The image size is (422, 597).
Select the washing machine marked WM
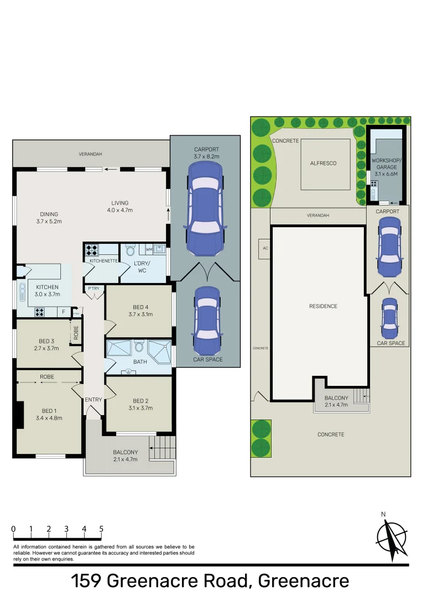click(x=149, y=250)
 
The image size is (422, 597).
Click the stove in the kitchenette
click(x=92, y=249)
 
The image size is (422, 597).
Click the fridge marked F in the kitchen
click(x=64, y=312)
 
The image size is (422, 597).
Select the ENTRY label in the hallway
click(x=93, y=399)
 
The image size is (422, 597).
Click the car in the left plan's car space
click(x=206, y=321)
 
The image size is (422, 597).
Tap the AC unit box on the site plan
click(x=265, y=248)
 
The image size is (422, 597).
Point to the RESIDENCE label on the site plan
click(x=324, y=306)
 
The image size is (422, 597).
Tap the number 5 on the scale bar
click(x=101, y=528)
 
